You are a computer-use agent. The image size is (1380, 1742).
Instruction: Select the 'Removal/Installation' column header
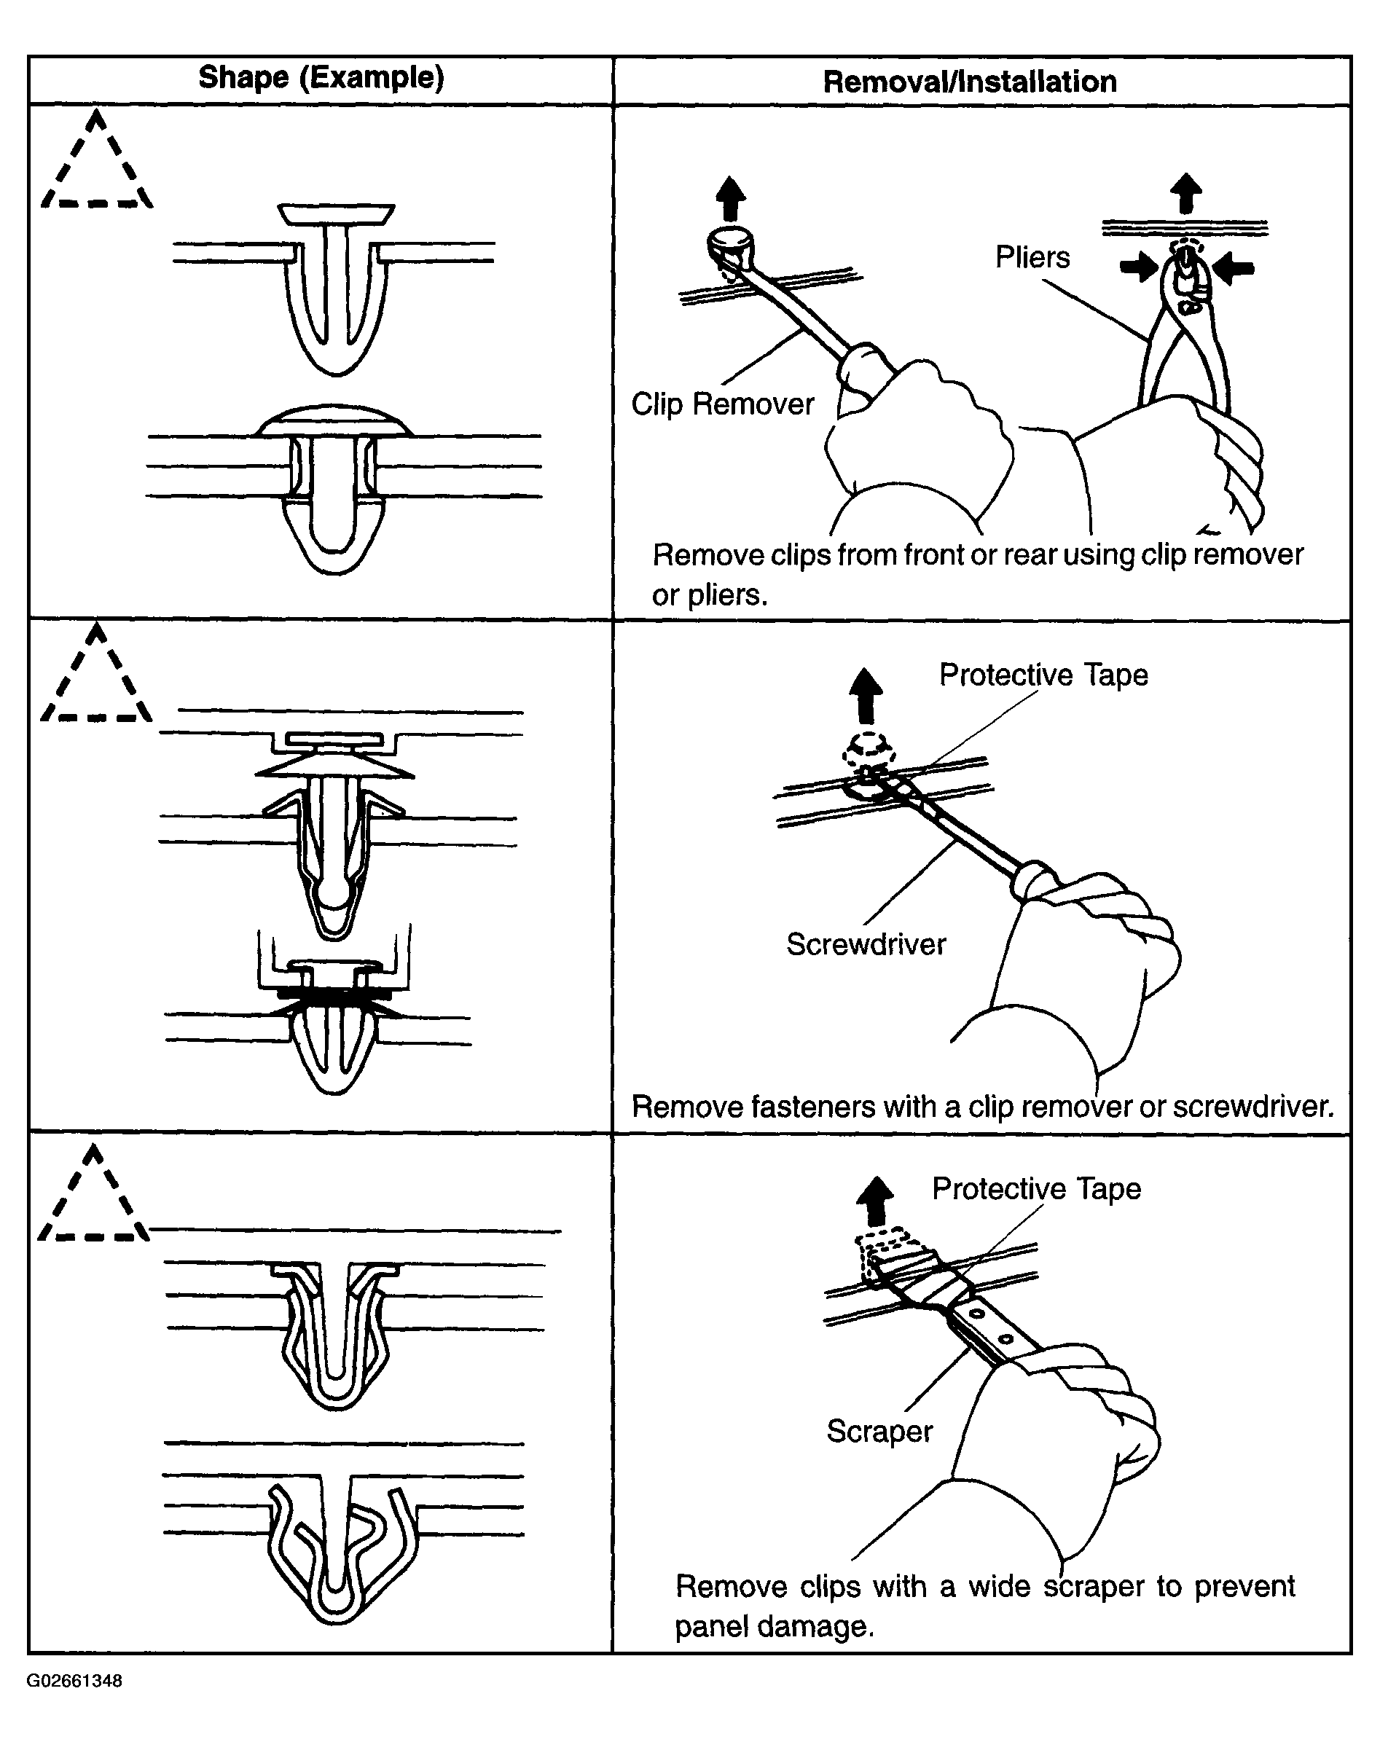coord(970,82)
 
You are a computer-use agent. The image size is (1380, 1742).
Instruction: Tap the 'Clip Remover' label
coord(722,404)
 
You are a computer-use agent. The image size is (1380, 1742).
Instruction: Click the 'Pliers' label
coord(1032,258)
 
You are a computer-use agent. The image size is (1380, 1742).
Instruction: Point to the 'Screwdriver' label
coord(866,943)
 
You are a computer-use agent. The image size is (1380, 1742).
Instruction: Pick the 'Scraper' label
coord(879,1430)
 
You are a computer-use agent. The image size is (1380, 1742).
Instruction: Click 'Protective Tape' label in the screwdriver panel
coord(1043,675)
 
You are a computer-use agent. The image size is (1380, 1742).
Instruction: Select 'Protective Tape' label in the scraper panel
coord(1036,1188)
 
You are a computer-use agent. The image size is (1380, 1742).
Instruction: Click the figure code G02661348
coord(74,1681)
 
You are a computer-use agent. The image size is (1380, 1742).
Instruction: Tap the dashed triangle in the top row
coord(97,164)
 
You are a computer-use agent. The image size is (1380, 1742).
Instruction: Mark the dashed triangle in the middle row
coord(97,677)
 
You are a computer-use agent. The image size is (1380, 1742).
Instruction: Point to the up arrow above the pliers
coord(1185,194)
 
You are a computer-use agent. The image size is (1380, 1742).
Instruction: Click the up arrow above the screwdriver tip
coord(866,696)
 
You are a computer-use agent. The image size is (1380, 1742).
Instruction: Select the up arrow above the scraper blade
coord(874,1201)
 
